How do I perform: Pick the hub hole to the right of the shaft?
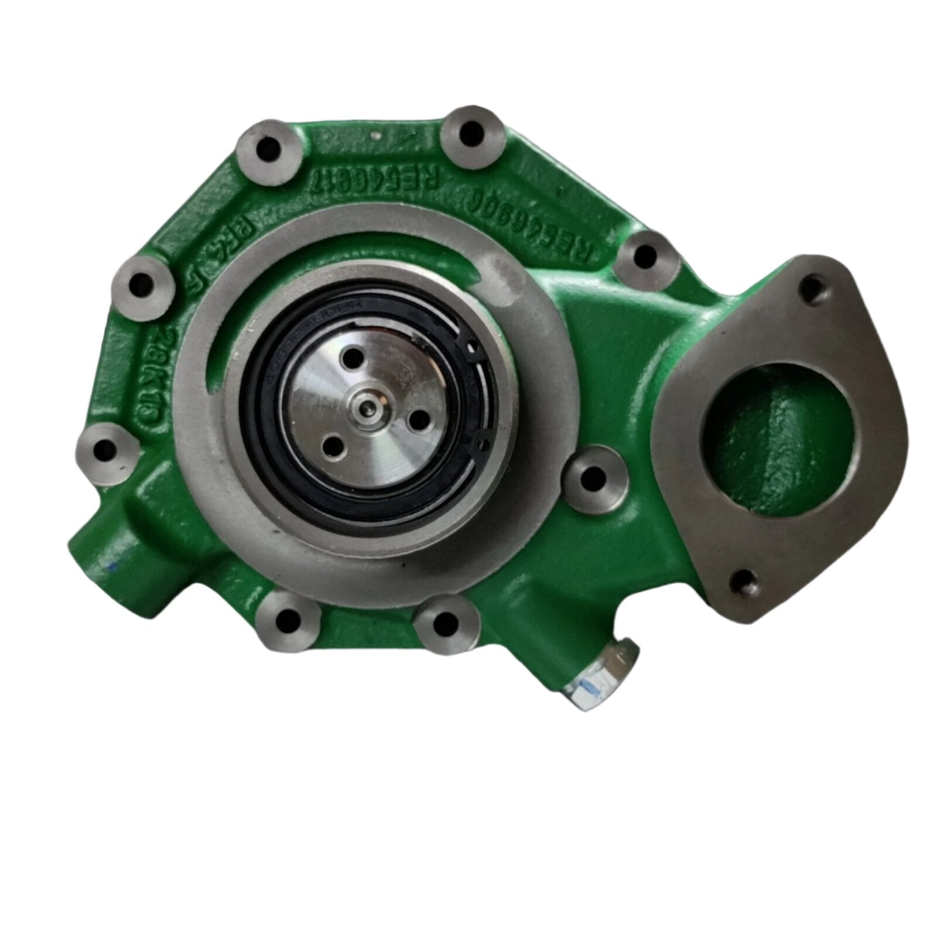tap(416, 418)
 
